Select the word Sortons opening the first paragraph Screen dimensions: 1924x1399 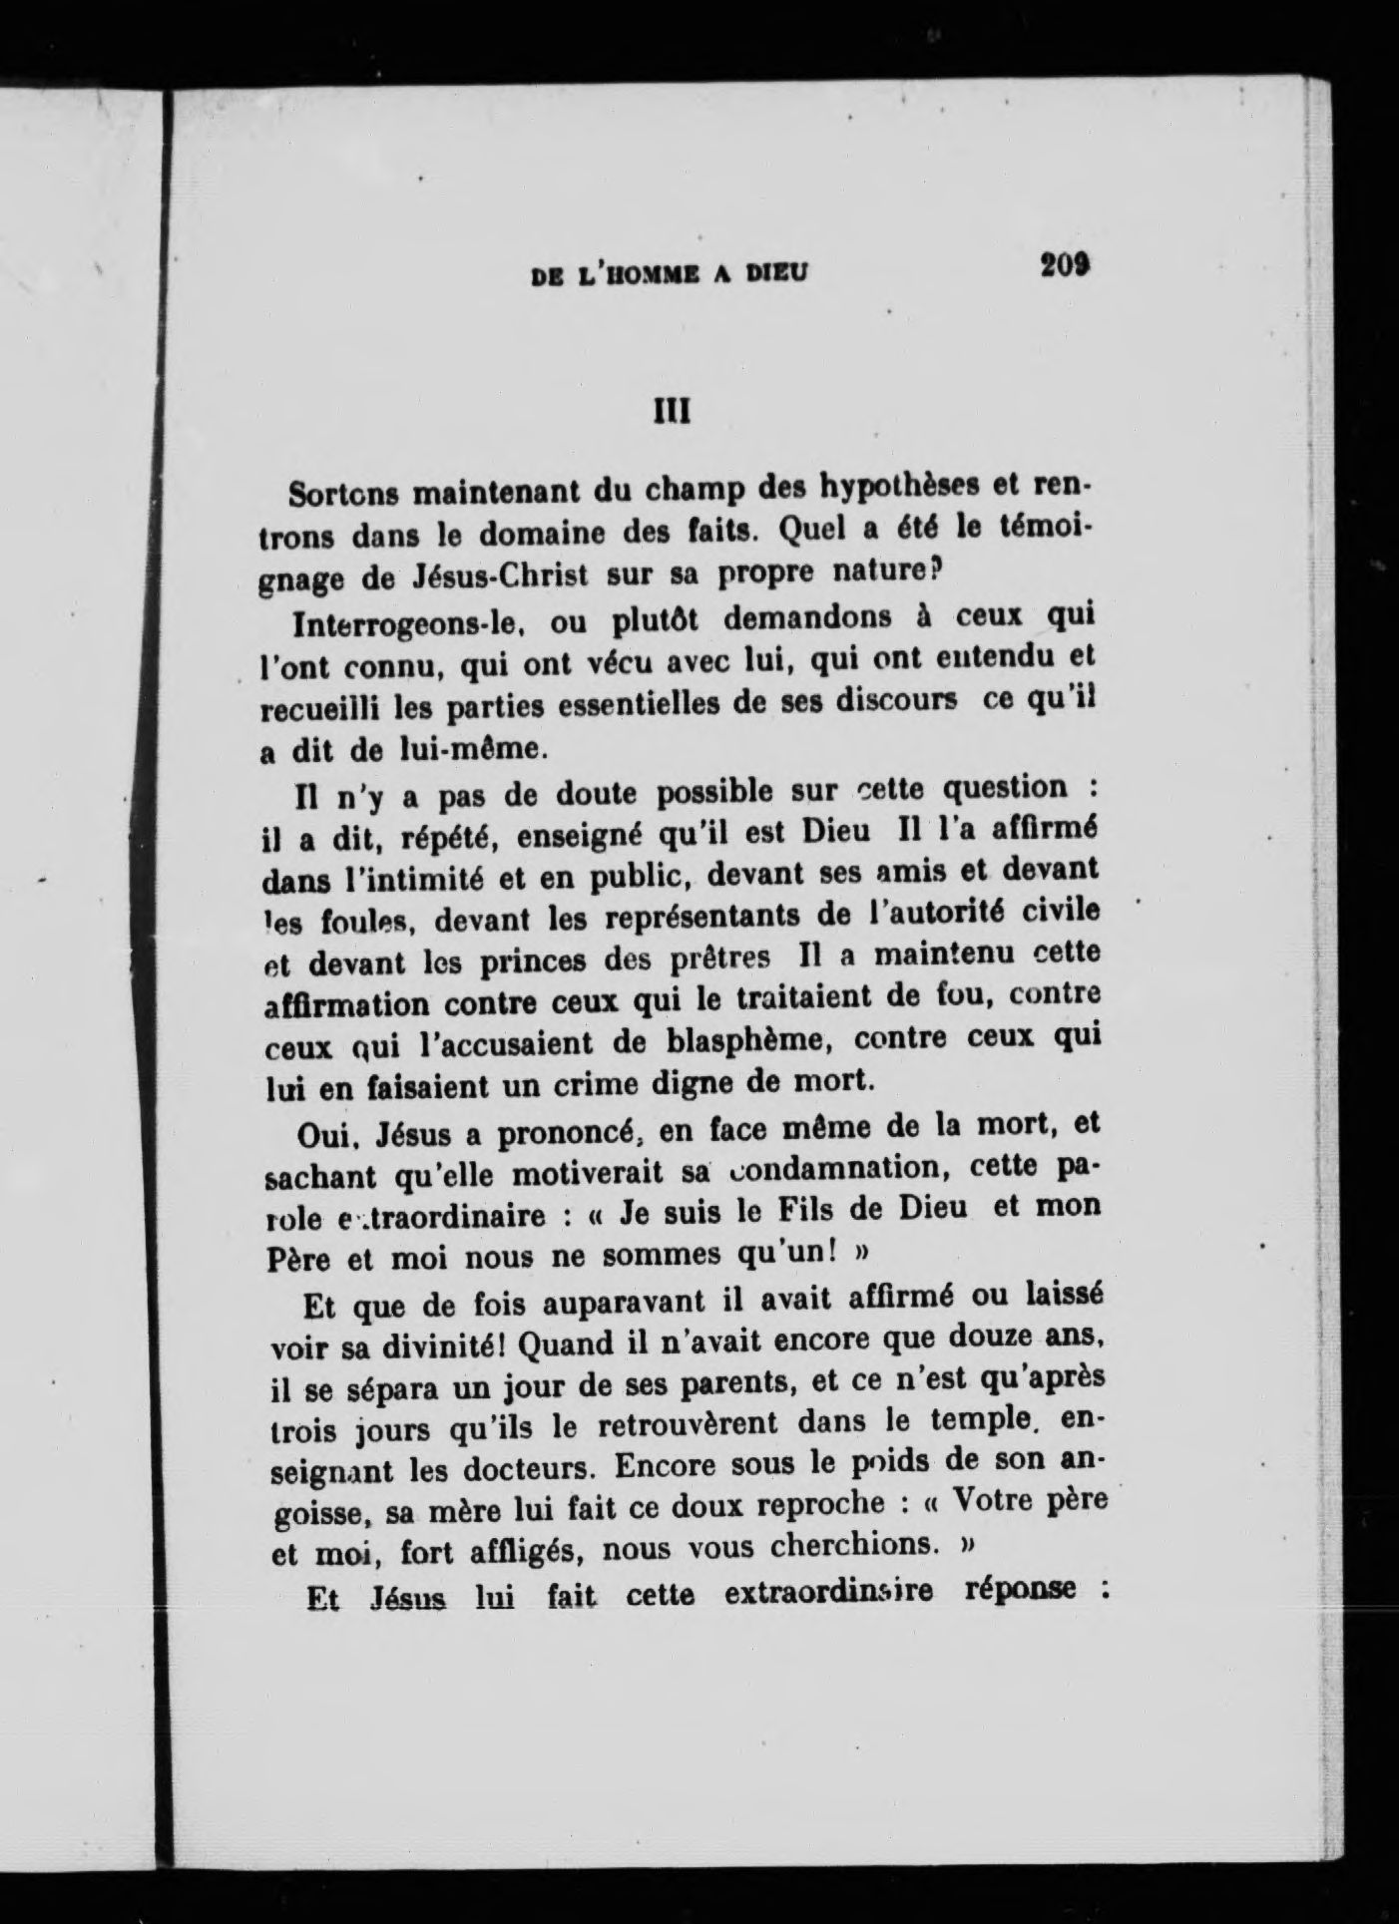[x=344, y=493]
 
